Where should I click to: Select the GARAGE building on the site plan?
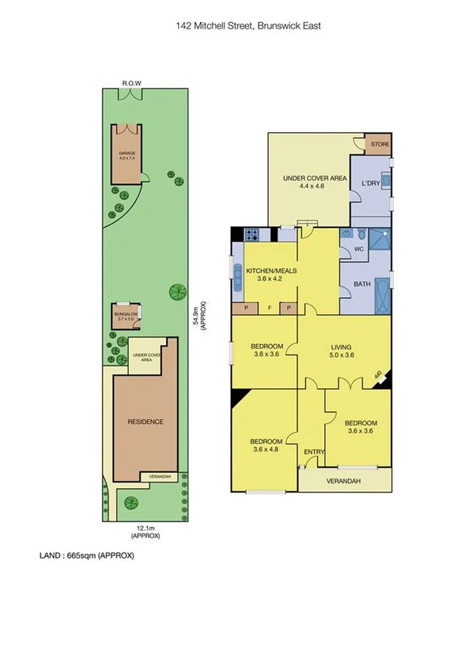pos(127,154)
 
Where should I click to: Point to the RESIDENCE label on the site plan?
pos(146,422)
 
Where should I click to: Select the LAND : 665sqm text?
pos(87,555)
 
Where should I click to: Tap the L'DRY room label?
pos(371,184)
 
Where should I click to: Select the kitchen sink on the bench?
pos(236,271)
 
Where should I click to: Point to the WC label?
pos(358,249)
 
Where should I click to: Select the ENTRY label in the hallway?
pos(314,452)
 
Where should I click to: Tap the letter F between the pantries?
pos(268,308)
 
